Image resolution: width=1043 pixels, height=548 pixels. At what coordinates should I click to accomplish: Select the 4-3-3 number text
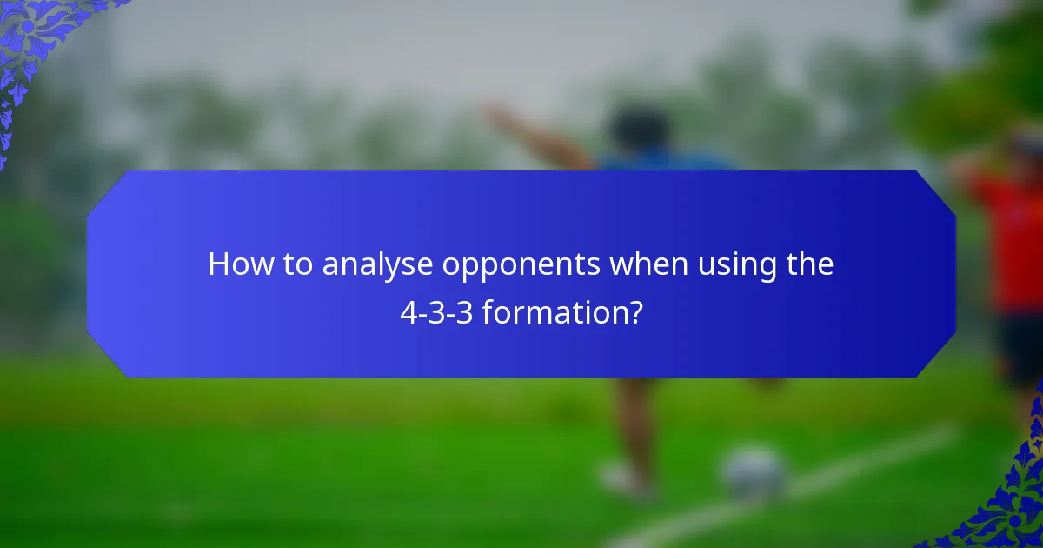click(436, 311)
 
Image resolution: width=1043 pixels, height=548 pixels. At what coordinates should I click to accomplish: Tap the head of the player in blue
click(640, 130)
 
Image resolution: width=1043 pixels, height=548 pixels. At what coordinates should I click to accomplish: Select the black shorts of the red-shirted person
click(1019, 348)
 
